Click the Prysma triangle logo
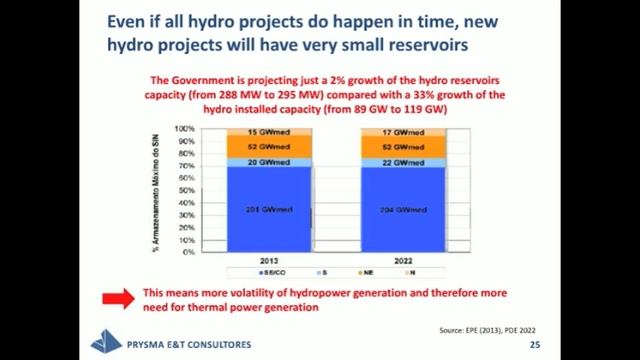pyautogui.click(x=106, y=342)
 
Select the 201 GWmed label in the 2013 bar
pyautogui.click(x=268, y=209)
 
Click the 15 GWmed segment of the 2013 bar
pyautogui.click(x=268, y=133)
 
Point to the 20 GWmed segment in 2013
pyautogui.click(x=268, y=162)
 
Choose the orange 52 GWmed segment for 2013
pyautogui.click(x=268, y=147)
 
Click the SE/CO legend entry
pyautogui.click(x=271, y=272)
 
